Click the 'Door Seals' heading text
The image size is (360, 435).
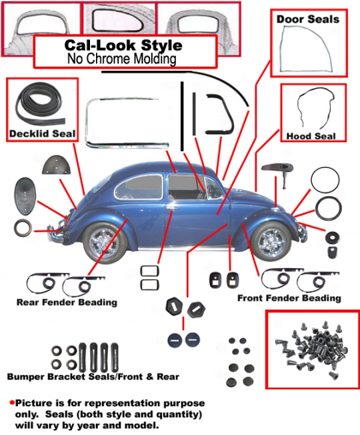[x=307, y=19]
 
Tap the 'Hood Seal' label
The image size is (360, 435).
[x=311, y=136]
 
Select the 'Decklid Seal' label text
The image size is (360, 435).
[x=42, y=133]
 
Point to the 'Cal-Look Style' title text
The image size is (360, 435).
[x=123, y=45]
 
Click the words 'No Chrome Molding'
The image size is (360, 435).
[x=121, y=59]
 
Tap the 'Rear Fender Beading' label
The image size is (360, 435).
[x=67, y=302]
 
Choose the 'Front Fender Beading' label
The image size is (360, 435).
[x=289, y=298]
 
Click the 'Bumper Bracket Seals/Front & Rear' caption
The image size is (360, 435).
[x=93, y=377]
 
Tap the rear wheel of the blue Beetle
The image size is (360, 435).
[x=105, y=243]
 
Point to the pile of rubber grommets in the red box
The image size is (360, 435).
[x=312, y=350]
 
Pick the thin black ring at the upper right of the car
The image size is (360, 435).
[x=325, y=179]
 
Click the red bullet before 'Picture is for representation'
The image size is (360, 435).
[x=12, y=402]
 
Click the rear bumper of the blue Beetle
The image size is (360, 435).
[x=55, y=232]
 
